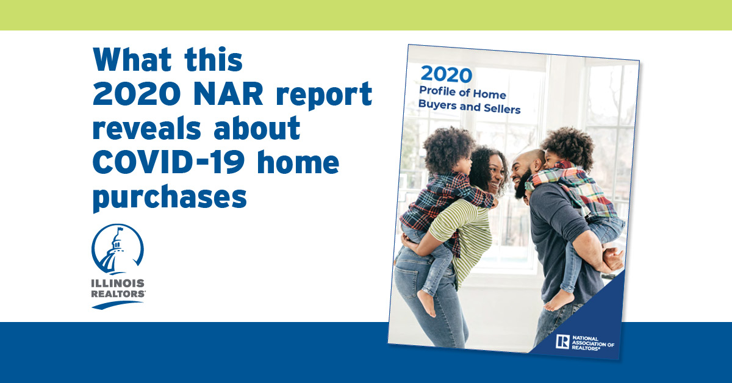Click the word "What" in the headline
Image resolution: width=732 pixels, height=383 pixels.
point(132,60)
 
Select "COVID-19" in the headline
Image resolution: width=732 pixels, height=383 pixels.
point(169,162)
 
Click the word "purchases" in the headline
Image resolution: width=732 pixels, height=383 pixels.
point(170,198)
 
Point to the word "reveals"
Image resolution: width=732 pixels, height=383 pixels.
point(147,128)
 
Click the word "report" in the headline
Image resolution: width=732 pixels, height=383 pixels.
point(324,95)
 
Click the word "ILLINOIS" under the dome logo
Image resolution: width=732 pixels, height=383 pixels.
point(118,283)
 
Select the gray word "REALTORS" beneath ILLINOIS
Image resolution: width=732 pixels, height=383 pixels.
point(118,294)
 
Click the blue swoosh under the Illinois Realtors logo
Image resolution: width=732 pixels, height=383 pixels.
point(117,304)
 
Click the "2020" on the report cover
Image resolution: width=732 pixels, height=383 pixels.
point(447,74)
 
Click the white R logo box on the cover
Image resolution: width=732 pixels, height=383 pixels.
point(562,342)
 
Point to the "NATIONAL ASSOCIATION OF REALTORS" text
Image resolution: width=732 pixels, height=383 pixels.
point(593,343)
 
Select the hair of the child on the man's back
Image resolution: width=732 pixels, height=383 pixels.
point(569,146)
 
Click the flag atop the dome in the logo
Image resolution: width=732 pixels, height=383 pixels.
point(120,229)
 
